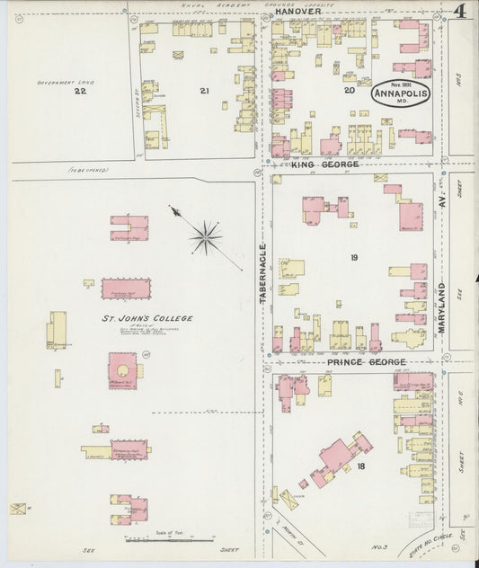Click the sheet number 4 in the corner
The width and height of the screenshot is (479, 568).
tap(459, 11)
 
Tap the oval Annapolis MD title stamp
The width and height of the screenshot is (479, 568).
tap(402, 93)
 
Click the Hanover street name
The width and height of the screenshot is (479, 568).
tap(297, 12)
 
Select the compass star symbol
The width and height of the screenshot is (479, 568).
tap(206, 237)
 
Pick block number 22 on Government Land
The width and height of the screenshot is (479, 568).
tap(80, 91)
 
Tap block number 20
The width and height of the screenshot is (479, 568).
tap(350, 91)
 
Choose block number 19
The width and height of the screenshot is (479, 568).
tap(354, 258)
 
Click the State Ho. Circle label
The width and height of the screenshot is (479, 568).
tap(425, 544)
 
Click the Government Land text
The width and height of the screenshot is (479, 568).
tap(59, 82)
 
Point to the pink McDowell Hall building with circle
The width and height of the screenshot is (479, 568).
tap(123, 369)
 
